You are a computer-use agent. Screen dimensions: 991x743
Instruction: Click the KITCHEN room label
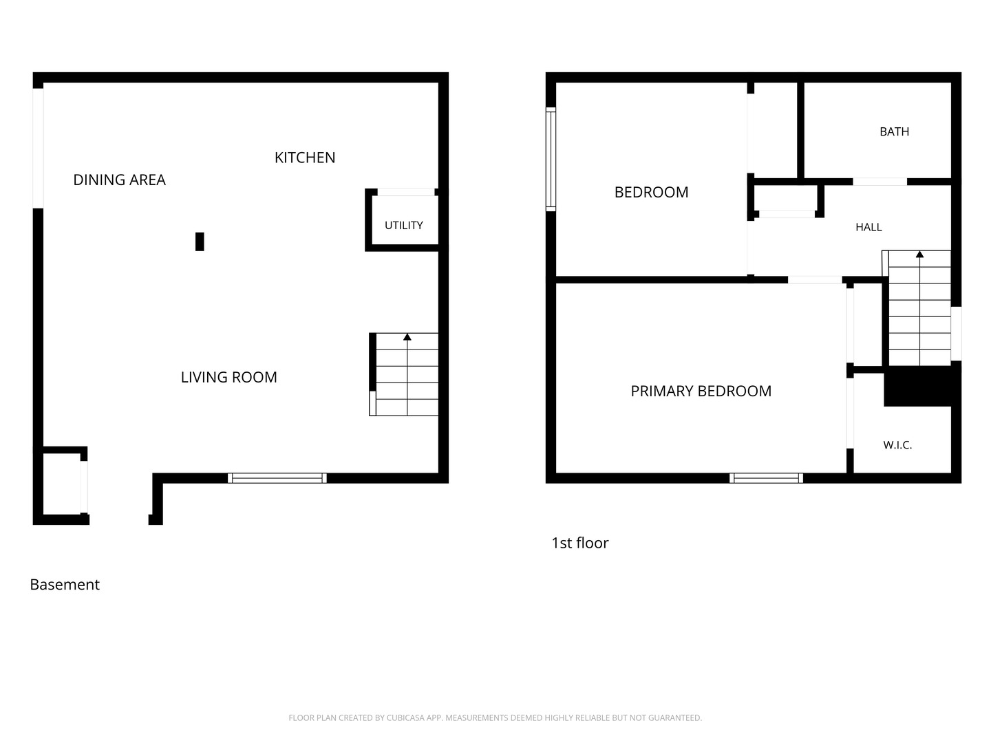click(x=305, y=158)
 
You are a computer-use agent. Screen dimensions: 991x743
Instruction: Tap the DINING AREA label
click(x=119, y=180)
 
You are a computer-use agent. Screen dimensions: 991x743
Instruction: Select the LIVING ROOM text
click(x=229, y=377)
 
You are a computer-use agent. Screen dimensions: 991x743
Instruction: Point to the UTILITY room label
click(x=403, y=225)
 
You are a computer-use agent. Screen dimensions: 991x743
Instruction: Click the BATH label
click(x=894, y=131)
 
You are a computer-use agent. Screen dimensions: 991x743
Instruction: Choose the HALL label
click(x=869, y=227)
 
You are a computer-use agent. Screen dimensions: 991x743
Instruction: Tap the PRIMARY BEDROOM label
click(x=701, y=391)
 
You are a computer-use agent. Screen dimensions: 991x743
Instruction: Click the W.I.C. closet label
click(x=897, y=445)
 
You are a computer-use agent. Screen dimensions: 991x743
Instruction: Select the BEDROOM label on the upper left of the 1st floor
click(x=651, y=192)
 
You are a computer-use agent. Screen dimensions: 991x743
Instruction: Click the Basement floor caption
click(x=65, y=585)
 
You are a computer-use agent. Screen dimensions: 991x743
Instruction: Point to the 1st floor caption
click(x=579, y=543)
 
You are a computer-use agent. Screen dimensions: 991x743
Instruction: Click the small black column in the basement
click(x=200, y=241)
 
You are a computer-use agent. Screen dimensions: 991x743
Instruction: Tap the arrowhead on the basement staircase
click(x=407, y=337)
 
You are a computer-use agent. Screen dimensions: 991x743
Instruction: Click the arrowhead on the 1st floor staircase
click(x=919, y=255)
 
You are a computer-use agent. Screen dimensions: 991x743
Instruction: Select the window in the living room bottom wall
click(x=277, y=478)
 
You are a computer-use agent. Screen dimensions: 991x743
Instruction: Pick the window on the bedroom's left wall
click(x=551, y=159)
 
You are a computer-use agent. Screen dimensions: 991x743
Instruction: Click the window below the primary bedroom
click(x=766, y=478)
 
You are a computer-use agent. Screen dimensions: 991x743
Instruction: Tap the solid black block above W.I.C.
click(x=918, y=386)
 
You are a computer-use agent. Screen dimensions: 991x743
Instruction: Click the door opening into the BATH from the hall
click(x=880, y=182)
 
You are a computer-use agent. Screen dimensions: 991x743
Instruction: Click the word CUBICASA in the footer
click(x=403, y=718)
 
